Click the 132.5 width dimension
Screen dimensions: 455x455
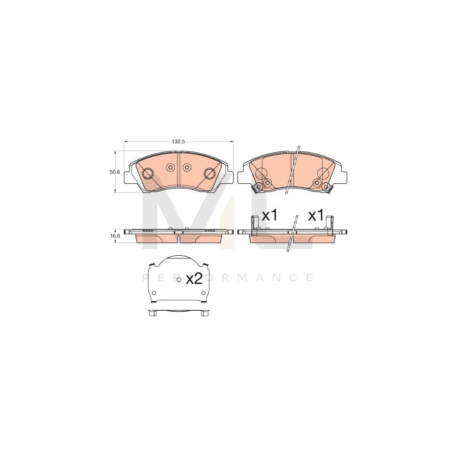click(x=178, y=142)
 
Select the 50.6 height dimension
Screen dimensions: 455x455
click(x=115, y=172)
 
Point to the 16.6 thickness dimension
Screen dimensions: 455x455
click(x=115, y=236)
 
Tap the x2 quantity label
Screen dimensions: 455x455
click(x=194, y=279)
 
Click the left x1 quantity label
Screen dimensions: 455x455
click(x=270, y=215)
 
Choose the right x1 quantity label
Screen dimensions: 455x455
click(x=315, y=215)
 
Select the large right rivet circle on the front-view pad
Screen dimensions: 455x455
click(x=210, y=173)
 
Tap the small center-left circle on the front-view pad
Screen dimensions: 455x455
click(x=171, y=167)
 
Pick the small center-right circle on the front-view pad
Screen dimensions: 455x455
click(x=187, y=167)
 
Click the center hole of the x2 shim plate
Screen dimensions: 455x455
click(x=178, y=279)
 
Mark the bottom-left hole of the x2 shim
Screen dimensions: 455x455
click(x=153, y=293)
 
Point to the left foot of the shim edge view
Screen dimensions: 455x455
click(x=152, y=313)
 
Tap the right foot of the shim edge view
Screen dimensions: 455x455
click(x=204, y=313)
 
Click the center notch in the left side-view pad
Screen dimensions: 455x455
click(x=179, y=233)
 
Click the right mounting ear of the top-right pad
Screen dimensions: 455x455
click(x=344, y=176)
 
